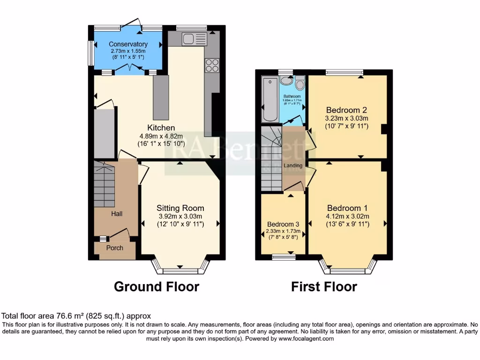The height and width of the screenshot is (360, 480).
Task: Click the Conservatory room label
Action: tap(128, 44)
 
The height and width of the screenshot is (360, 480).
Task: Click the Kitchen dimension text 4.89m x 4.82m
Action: tap(161, 135)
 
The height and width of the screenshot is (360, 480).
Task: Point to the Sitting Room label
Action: tap(180, 208)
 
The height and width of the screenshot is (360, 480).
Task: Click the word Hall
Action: tap(117, 214)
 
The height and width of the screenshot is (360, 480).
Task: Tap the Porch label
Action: tap(115, 248)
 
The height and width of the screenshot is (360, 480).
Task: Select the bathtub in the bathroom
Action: tap(270, 99)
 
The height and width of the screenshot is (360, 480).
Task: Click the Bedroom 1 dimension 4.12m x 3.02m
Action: tap(347, 216)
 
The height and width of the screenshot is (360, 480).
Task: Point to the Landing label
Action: tap(293, 165)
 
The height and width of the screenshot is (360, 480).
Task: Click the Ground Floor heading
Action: tap(157, 286)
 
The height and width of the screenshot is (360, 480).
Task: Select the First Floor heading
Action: tap(324, 286)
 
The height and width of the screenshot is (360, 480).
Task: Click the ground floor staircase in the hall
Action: tap(104, 185)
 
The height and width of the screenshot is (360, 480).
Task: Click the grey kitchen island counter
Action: tap(161, 98)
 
